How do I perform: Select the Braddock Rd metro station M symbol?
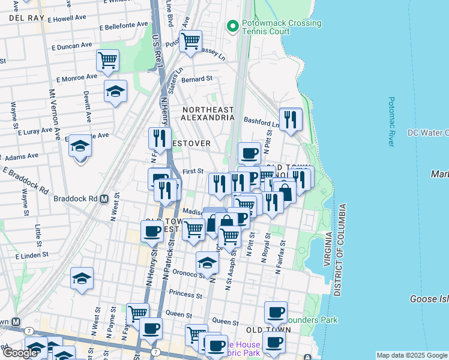point(104,199)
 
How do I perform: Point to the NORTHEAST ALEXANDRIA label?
point(208,113)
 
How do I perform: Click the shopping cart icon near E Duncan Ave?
point(107,59)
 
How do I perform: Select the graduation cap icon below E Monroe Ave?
point(115,91)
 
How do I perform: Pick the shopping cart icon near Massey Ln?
point(190,41)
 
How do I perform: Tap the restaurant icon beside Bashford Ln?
point(291,119)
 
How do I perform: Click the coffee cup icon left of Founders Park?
point(276,312)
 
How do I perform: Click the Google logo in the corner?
point(20,353)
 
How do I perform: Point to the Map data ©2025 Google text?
point(412,355)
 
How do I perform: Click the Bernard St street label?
point(197,79)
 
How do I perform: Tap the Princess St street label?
point(185,295)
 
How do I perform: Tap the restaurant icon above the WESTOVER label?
point(160,138)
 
